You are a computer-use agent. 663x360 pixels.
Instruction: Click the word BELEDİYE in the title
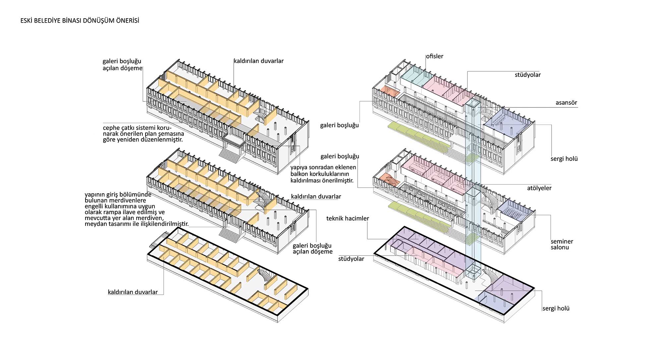tap(47, 21)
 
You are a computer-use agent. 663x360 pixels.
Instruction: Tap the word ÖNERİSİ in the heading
tap(127, 21)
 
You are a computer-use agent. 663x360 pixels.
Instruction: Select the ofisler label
tap(435, 56)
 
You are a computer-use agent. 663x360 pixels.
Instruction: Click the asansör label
tap(566, 103)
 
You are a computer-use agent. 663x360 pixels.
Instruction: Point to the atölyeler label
tap(539, 188)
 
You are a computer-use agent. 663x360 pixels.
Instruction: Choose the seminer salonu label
tap(562, 244)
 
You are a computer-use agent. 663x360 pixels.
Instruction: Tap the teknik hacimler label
tap(348, 218)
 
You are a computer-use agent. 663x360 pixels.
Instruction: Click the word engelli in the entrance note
tap(94, 207)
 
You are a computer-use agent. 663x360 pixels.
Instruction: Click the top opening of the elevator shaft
tap(473, 104)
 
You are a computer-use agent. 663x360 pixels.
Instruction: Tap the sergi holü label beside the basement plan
tap(556, 308)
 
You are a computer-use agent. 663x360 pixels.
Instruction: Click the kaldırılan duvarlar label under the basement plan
tap(133, 292)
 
